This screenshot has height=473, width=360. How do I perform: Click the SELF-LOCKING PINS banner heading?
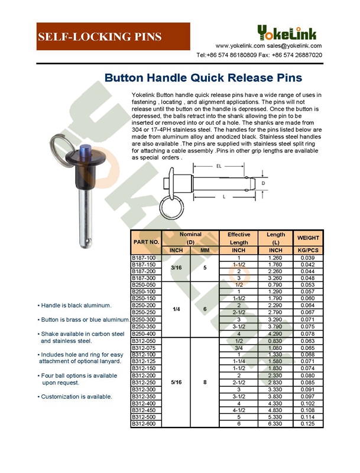(x=99, y=37)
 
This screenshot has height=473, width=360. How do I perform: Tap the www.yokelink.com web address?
(x=239, y=46)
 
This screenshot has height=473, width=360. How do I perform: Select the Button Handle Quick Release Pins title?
(x=203, y=77)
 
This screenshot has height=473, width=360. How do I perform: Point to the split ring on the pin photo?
(x=61, y=145)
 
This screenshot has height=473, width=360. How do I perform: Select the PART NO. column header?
(x=147, y=242)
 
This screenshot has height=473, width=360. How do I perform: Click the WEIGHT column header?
(x=308, y=238)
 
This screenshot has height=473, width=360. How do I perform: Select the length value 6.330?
(x=276, y=423)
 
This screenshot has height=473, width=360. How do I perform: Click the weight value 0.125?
(x=308, y=423)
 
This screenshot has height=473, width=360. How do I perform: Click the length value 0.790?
(x=276, y=285)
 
